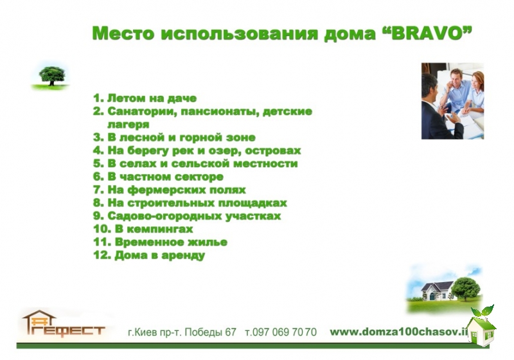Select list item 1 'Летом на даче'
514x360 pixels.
coord(145,98)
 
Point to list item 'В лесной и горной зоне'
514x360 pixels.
coord(174,138)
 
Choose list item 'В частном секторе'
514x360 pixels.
coord(158,177)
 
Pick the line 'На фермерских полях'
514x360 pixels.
coord(170,190)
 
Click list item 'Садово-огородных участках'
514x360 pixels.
coord(187,216)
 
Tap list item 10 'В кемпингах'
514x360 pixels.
coord(143,229)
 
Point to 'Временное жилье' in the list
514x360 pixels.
coord(160,242)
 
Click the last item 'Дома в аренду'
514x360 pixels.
coord(149,255)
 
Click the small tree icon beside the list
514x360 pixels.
coord(51,76)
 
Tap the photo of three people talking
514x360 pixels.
coord(452,101)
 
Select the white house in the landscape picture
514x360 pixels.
coord(436,291)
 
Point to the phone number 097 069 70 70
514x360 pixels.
coord(281,332)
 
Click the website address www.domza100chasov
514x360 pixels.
coord(398,332)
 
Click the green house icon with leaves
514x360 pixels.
coord(481,326)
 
